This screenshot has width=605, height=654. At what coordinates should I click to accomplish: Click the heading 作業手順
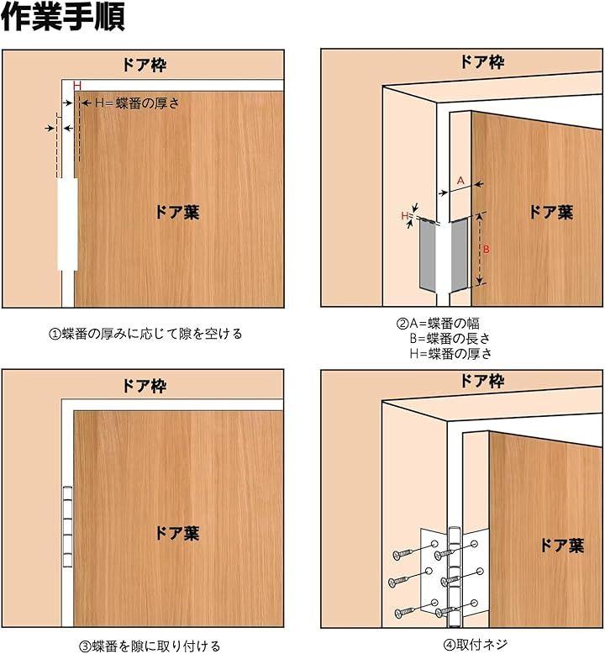62,17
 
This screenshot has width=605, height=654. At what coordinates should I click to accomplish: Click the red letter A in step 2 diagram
460,181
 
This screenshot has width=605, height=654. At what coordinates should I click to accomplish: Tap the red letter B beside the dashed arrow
487,249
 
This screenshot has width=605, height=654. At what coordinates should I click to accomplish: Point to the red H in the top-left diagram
77,86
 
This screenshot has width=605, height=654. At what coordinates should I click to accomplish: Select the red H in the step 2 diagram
404,216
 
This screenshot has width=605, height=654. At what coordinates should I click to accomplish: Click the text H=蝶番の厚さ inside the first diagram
137,103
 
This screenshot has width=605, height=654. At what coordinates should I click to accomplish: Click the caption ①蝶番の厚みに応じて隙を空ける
145,334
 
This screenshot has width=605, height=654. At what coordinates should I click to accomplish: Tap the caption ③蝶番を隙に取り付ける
150,646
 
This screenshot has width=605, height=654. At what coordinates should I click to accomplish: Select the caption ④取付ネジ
476,645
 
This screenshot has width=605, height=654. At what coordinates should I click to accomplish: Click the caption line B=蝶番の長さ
450,338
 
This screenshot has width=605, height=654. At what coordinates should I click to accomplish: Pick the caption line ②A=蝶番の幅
438,324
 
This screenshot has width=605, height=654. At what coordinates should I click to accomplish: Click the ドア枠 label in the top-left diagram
145,65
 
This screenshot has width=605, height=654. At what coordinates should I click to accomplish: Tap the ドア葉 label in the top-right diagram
550,213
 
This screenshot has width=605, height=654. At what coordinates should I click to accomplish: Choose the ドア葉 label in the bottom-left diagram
177,533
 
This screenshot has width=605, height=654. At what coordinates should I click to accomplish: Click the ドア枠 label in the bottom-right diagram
482,381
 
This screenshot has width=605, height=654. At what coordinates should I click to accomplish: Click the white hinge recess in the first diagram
67,224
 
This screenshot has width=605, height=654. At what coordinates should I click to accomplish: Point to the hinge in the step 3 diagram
67,526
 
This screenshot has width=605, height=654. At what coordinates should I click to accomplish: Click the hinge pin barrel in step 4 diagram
453,577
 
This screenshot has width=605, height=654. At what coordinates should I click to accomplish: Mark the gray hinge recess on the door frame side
427,254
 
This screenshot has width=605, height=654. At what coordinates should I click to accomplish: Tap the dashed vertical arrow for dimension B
480,249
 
